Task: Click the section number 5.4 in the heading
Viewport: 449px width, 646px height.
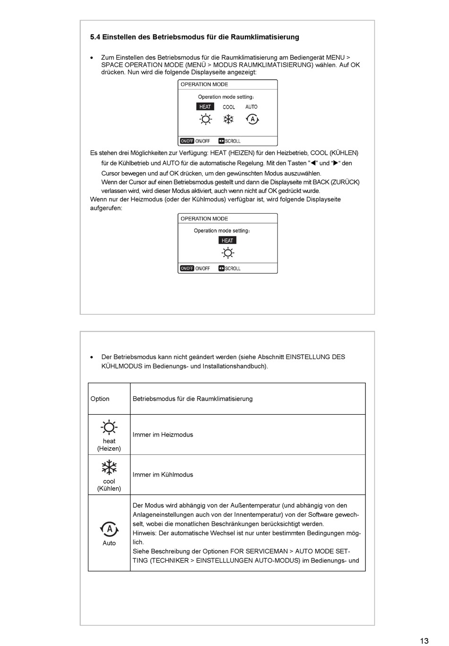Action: pyautogui.click(x=95, y=37)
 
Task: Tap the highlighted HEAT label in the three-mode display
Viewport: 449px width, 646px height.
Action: pyautogui.click(x=205, y=107)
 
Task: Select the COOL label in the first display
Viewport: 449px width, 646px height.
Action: pyautogui.click(x=229, y=107)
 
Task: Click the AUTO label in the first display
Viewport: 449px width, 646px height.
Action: pyautogui.click(x=251, y=107)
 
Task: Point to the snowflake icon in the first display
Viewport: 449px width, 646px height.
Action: pyautogui.click(x=228, y=119)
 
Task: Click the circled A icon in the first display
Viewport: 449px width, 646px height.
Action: pyautogui.click(x=252, y=119)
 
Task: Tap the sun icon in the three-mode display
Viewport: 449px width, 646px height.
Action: pyautogui.click(x=206, y=119)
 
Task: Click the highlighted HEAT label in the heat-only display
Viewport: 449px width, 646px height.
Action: pyautogui.click(x=227, y=240)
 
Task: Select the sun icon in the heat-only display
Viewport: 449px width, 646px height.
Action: pyautogui.click(x=228, y=253)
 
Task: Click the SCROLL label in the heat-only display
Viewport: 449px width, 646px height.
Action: pyautogui.click(x=233, y=268)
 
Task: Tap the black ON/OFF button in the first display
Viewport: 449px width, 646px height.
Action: pyautogui.click(x=187, y=141)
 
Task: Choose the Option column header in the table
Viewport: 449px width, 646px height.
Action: pyautogui.click(x=100, y=399)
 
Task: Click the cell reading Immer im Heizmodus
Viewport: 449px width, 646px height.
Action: pyautogui.click(x=163, y=435)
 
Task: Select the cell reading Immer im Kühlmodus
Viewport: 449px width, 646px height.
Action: pyautogui.click(x=163, y=475)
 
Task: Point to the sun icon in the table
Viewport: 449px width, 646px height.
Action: pyautogui.click(x=109, y=427)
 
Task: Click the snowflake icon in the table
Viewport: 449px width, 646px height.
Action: pyautogui.click(x=109, y=468)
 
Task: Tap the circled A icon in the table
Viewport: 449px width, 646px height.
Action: pyautogui.click(x=109, y=529)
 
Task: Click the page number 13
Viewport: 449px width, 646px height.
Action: pyautogui.click(x=424, y=641)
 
